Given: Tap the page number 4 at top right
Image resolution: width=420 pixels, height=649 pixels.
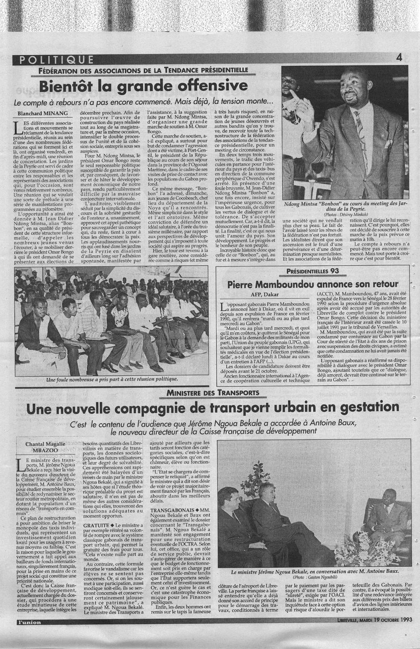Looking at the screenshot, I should [399, 58].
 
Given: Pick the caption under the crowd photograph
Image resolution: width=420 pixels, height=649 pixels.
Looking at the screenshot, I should [112, 380].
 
